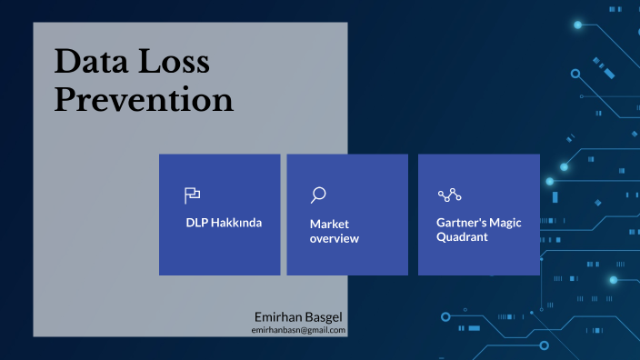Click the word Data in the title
coord(93,62)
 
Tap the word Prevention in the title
coord(144,99)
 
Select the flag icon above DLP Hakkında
coord(193,195)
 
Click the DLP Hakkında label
coord(224,222)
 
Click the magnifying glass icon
coord(318,195)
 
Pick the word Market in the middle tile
coord(329,224)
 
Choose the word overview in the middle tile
coord(335,238)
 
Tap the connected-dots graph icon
coord(450,195)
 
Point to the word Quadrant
coord(462,236)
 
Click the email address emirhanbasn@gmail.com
coord(298,330)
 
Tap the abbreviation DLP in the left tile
coord(196,222)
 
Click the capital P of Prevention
coord(66,99)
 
